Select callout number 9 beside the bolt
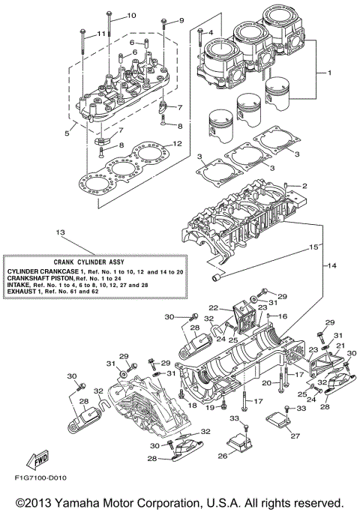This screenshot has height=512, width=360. coord(180,19)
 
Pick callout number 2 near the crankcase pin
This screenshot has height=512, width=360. coord(305,185)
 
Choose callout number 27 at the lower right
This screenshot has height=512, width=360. coord(295,435)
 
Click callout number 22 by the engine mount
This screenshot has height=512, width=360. coord(213,307)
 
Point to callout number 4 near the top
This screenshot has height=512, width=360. coord(211,31)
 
